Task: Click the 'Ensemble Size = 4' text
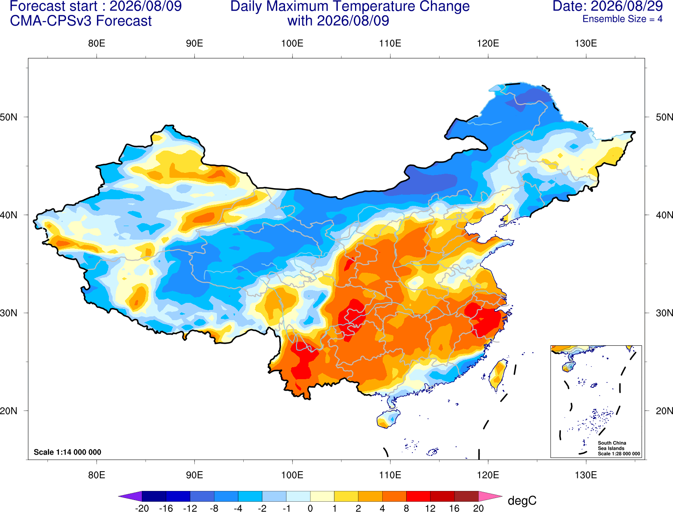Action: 622,19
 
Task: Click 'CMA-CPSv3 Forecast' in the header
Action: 81,21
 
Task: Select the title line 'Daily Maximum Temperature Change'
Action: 350,7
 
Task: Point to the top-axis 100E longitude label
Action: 292,43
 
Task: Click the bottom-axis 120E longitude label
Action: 488,475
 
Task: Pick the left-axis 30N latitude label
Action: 9,313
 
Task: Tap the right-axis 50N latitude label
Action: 664,117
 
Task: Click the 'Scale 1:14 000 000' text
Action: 68,452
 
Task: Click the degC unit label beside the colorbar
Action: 522,500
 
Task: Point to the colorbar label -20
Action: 142,508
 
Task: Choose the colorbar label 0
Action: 310,508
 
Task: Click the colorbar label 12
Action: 430,508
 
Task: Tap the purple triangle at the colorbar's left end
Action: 130,496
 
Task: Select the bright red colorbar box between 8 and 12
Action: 418,496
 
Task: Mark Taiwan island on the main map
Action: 497,375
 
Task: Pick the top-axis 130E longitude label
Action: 586,43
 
